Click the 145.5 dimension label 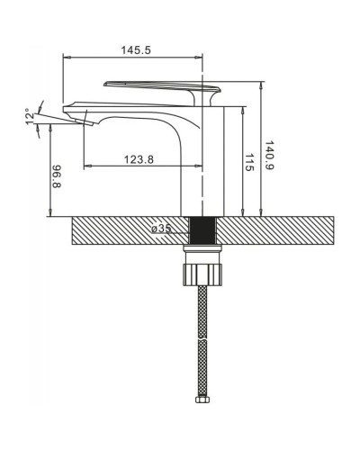[136, 50]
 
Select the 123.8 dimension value [139, 159]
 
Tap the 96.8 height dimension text [57, 176]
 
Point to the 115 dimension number [249, 162]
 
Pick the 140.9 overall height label [269, 156]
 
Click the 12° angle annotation [30, 116]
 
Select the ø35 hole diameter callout [161, 229]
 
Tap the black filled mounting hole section [202, 230]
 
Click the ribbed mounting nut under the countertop [202, 274]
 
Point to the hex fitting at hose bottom [202, 400]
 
